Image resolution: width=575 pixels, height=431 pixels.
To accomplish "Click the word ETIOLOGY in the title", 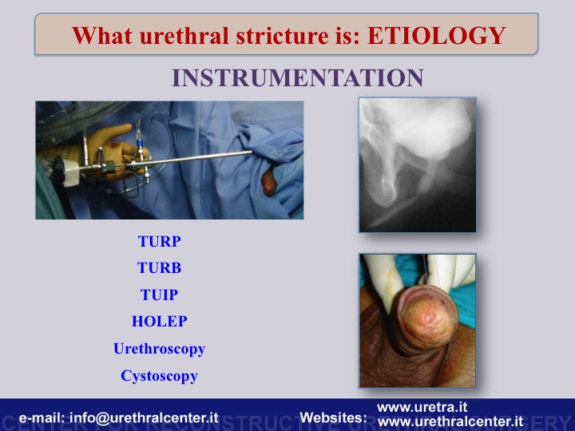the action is pyautogui.click(x=437, y=36).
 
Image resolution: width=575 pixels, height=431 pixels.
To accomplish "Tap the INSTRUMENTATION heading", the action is pyautogui.click(x=298, y=77).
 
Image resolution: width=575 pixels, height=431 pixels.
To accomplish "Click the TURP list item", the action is pyautogui.click(x=160, y=241).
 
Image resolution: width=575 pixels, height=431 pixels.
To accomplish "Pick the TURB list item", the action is pyautogui.click(x=160, y=268).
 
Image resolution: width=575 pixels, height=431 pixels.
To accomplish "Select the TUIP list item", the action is pyautogui.click(x=160, y=295).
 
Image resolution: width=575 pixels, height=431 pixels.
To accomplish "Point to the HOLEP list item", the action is pyautogui.click(x=160, y=322).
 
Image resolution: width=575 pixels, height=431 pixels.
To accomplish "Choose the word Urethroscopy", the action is pyautogui.click(x=160, y=349).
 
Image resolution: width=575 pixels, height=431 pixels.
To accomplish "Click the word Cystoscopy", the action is pyautogui.click(x=160, y=376).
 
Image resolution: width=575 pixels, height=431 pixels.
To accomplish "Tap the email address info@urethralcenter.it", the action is pyautogui.click(x=144, y=417).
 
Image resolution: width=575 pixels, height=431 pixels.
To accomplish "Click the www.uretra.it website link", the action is pyautogui.click(x=422, y=407).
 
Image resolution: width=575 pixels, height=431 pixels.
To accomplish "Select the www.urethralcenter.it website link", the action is pyautogui.click(x=450, y=421).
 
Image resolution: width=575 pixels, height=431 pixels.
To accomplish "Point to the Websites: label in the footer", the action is pyautogui.click(x=333, y=417).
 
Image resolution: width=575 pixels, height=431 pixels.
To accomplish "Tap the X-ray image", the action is pyautogui.click(x=418, y=164).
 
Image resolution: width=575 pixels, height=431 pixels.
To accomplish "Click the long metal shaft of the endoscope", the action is pyautogui.click(x=191, y=159).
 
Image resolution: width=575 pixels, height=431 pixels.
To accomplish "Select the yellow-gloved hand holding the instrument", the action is pyautogui.click(x=110, y=150).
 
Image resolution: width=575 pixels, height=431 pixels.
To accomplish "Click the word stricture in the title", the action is pyautogui.click(x=282, y=36).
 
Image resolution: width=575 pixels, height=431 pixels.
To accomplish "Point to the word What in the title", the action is pyautogui.click(x=102, y=36).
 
